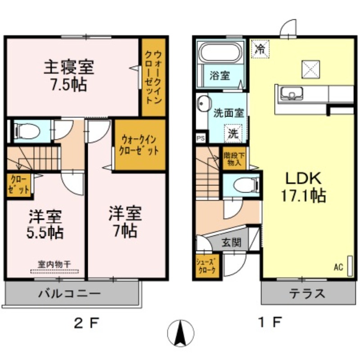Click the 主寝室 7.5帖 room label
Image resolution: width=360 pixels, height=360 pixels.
68,76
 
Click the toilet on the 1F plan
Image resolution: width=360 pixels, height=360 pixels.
243,184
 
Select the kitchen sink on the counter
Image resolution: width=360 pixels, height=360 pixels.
291,94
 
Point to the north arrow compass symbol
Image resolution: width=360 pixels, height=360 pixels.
180,333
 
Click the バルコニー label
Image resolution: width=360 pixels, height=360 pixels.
69,294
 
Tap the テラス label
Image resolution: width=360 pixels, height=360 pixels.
307,294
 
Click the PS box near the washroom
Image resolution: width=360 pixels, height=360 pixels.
201,139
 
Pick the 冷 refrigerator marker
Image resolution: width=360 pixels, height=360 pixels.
260,49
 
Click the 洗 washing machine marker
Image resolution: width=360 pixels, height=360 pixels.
233,133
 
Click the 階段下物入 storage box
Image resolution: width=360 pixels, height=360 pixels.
234,159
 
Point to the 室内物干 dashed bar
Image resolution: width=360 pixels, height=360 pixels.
54,271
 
